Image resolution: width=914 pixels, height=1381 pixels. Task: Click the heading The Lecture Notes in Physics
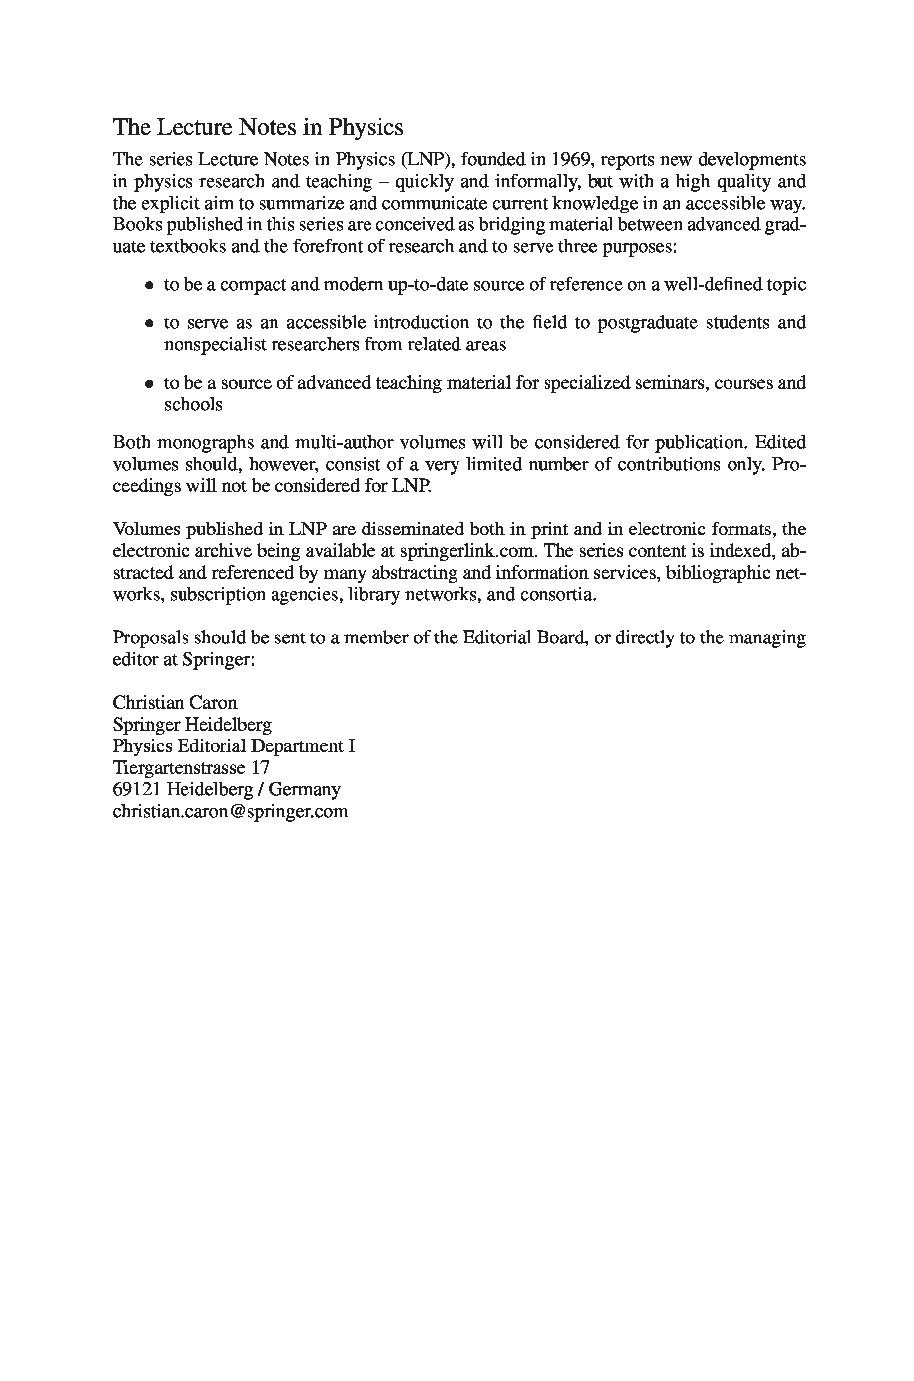[x=258, y=127]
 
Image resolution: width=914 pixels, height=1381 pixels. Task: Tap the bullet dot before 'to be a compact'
[x=150, y=286]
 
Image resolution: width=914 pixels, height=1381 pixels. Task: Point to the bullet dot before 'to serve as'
[x=150, y=323]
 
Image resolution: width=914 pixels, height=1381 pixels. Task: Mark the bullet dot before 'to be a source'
[x=150, y=384]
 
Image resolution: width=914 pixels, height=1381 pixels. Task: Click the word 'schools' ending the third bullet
[x=193, y=405]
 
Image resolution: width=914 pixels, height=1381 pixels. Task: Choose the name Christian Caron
[x=175, y=702]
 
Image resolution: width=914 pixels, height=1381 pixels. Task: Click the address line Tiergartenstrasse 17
[x=191, y=767]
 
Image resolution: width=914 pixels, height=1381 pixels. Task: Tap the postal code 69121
[x=137, y=790]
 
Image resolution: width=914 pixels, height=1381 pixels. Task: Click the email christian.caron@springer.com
[x=230, y=811]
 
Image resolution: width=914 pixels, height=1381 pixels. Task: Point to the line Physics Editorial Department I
[x=234, y=746]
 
